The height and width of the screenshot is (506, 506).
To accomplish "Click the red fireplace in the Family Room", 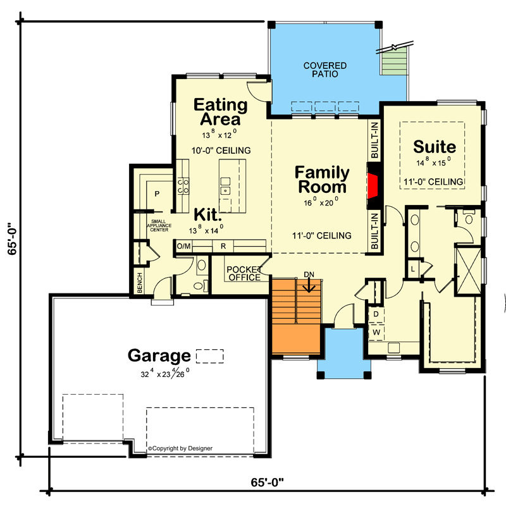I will click(373, 187).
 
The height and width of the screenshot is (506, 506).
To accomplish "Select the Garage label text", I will click(159, 355).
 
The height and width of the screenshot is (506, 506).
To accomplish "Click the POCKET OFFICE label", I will click(244, 273).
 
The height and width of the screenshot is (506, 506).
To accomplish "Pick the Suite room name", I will click(434, 147).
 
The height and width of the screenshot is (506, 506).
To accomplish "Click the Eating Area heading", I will click(216, 111).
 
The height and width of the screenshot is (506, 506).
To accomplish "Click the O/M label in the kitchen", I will click(183, 245).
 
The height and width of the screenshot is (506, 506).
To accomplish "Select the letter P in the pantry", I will click(156, 194).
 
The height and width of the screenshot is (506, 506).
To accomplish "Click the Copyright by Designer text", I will click(180, 448).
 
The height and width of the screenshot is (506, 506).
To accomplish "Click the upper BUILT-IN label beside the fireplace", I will click(374, 140).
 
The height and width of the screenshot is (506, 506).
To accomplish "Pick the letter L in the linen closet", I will click(412, 269).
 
